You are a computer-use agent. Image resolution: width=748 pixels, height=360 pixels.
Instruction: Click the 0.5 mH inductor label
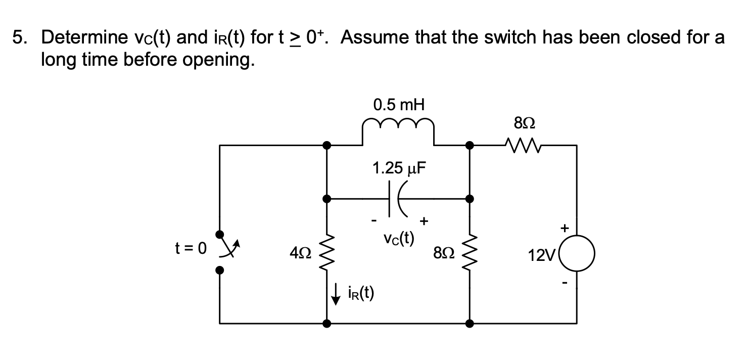click(398, 105)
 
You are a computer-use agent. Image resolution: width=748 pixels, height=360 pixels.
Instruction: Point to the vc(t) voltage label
click(398, 238)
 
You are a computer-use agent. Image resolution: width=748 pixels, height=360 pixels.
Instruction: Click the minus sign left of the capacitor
click(374, 220)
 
